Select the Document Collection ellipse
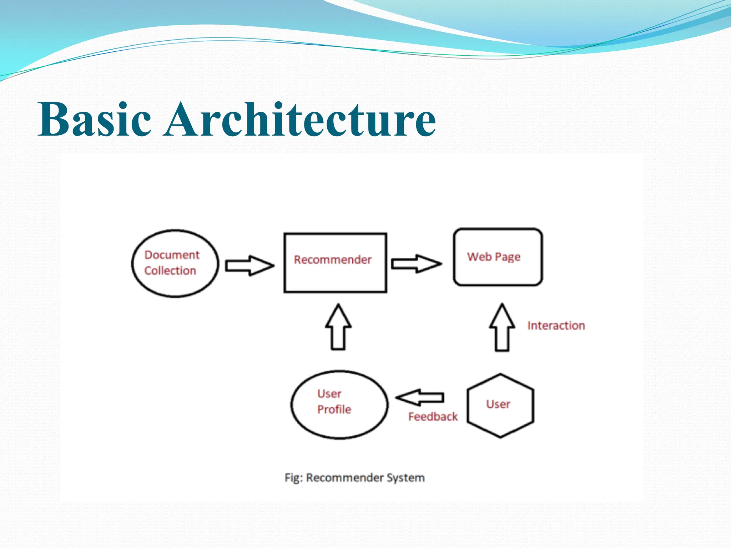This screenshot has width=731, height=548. tap(175, 282)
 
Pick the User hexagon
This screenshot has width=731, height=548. tap(500, 421)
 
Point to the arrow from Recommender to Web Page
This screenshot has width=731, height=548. tap(416, 264)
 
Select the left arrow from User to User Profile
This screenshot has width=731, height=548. tap(420, 397)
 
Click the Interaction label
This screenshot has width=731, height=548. tap(556, 325)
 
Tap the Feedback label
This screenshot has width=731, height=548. tap(433, 416)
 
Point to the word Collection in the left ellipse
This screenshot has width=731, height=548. tap(170, 270)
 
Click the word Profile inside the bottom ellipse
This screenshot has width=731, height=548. tap(334, 409)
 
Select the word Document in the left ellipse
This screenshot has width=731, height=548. tap(172, 255)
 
